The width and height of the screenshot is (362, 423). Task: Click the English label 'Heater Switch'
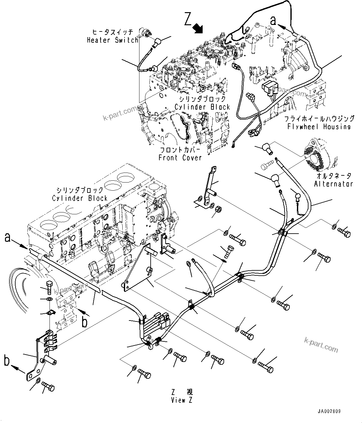(112, 40)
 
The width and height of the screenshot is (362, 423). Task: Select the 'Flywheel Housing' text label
(319, 127)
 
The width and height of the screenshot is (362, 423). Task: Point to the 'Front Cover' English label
(180, 158)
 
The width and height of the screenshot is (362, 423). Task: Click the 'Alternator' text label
(333, 184)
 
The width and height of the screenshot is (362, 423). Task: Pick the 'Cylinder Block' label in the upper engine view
(202, 107)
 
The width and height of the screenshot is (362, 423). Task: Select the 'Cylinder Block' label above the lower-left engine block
(80, 198)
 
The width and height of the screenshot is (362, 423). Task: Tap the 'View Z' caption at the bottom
(182, 400)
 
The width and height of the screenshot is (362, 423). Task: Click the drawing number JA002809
(329, 411)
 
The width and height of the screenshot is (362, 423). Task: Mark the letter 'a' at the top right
(273, 20)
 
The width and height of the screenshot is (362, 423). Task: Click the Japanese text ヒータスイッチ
(112, 32)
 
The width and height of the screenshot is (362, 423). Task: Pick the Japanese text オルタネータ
(333, 176)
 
